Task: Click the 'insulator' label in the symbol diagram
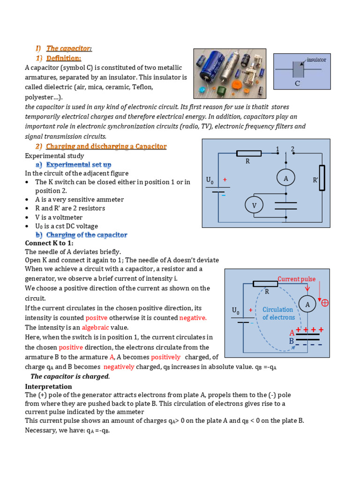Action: coord(316,60)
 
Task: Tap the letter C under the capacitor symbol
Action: coord(297,84)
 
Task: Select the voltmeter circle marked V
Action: coord(255,205)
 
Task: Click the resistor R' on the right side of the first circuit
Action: coord(322,178)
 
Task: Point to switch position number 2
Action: coord(292,149)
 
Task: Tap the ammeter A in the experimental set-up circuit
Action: coord(285,178)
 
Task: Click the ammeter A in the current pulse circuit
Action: coord(307,305)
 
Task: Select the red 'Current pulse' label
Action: coord(297,279)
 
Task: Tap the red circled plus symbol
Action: coord(324,303)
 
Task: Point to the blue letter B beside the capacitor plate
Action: coord(291,341)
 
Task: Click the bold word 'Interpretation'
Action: coord(48,386)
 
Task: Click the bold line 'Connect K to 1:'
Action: coord(49,243)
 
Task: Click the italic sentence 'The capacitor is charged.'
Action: coord(70,376)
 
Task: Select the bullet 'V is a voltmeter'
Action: coord(59,217)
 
